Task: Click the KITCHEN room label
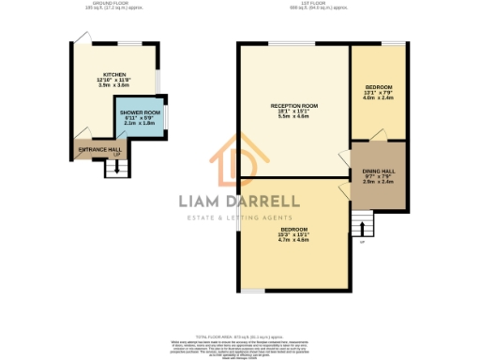click(x=114, y=74)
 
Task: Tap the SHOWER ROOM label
click(x=139, y=112)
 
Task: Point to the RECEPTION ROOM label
click(x=293, y=105)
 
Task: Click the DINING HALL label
click(x=378, y=170)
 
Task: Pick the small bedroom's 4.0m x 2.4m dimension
click(x=379, y=97)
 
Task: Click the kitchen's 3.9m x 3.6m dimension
click(x=114, y=85)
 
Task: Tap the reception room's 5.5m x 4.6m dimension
click(x=293, y=116)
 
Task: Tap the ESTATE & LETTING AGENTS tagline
click(x=239, y=218)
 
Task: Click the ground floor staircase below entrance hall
click(x=113, y=168)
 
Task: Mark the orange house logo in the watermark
click(x=238, y=159)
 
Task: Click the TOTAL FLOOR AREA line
click(x=239, y=335)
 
